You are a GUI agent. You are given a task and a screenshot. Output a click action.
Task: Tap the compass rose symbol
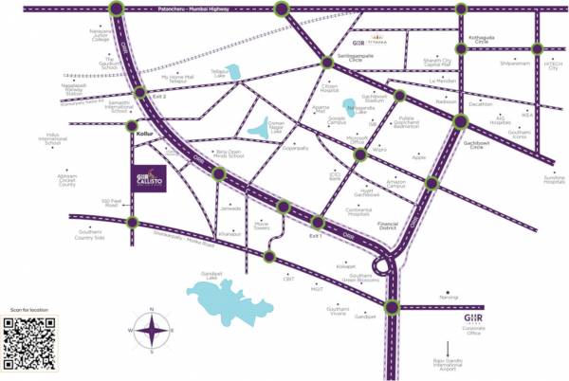click(151, 332)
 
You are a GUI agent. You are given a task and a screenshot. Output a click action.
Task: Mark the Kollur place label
click(144, 135)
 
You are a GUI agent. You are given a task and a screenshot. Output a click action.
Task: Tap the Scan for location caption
click(28, 309)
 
